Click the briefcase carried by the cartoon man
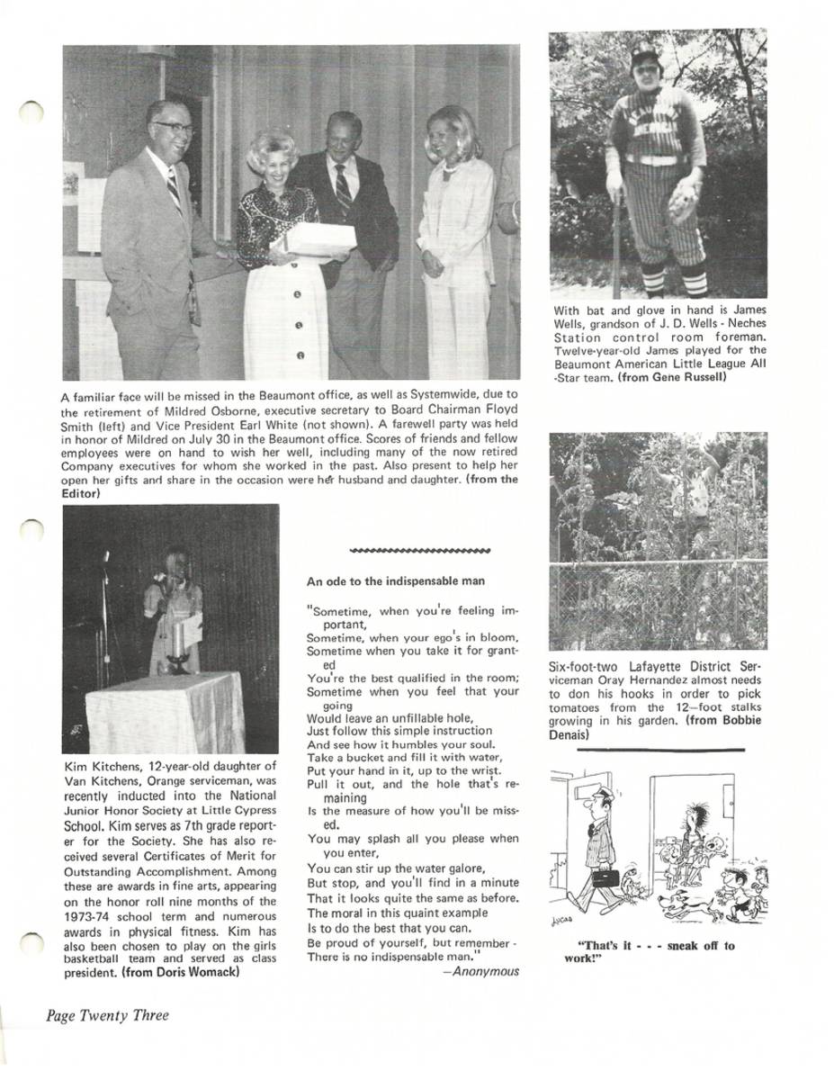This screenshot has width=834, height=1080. pyautogui.click(x=604, y=875)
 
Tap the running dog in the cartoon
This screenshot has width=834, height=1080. pyautogui.click(x=684, y=904)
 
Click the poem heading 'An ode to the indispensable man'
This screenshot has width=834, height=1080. pyautogui.click(x=396, y=581)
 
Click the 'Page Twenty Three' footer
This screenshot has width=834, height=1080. pyautogui.click(x=108, y=1015)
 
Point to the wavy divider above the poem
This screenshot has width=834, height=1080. pyautogui.click(x=418, y=549)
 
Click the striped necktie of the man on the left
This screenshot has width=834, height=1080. pyautogui.click(x=174, y=188)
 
